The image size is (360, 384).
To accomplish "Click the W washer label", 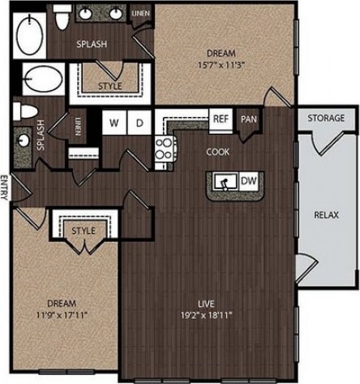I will pyautogui.click(x=114, y=123).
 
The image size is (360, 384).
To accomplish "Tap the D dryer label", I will pyautogui.click(x=139, y=123).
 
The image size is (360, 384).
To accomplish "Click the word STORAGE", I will pyautogui.click(x=325, y=119).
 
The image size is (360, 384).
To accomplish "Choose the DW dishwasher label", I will pyautogui.click(x=250, y=180).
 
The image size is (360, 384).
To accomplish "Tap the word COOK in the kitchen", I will pyautogui.click(x=217, y=152).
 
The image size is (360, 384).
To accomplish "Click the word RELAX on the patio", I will pyautogui.click(x=327, y=215).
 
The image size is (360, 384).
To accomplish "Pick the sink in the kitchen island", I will pyautogui.click(x=226, y=180).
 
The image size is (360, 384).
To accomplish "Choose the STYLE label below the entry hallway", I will pyautogui.click(x=83, y=231).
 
